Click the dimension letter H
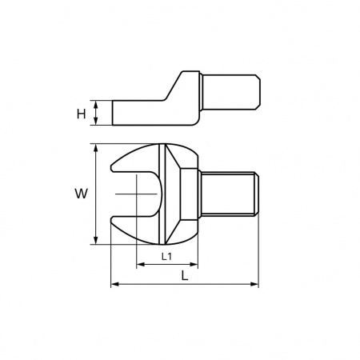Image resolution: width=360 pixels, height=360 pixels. [x=82, y=114]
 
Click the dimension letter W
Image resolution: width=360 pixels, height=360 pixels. [x=81, y=194]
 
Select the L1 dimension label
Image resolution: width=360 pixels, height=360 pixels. [x=166, y=257]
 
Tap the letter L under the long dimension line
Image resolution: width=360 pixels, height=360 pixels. [x=185, y=275]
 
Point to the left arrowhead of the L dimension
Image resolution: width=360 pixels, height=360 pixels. [x=114, y=284]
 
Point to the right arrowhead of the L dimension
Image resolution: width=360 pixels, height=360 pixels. [x=254, y=284]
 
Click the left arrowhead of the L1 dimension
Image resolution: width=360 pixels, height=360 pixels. [x=140, y=264]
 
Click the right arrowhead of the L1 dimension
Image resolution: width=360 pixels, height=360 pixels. [x=194, y=264]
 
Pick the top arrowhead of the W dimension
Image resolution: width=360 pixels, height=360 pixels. [x=96, y=148]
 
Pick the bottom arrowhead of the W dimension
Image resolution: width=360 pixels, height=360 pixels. [x=96, y=240]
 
